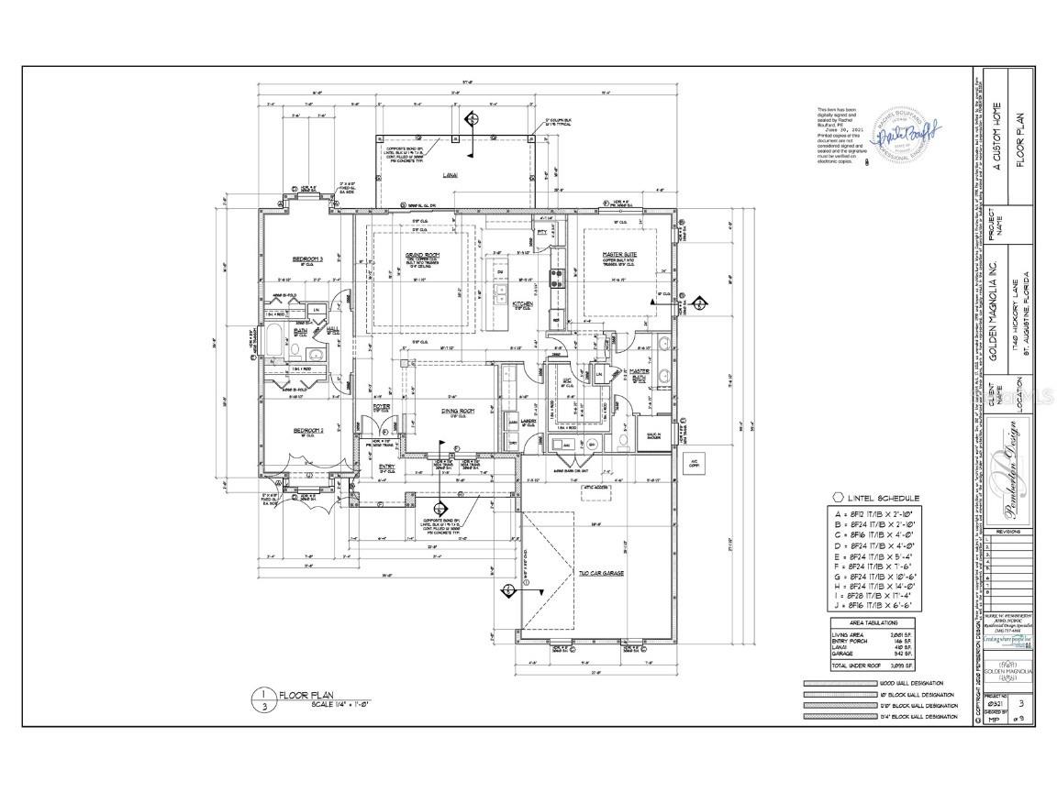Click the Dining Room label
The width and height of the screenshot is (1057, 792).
click(457, 412)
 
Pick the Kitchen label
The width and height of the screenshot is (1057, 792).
click(522, 302)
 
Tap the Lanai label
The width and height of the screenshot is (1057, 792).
click(451, 173)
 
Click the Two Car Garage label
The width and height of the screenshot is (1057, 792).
click(601, 572)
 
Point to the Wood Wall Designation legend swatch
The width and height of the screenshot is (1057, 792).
click(839, 684)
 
